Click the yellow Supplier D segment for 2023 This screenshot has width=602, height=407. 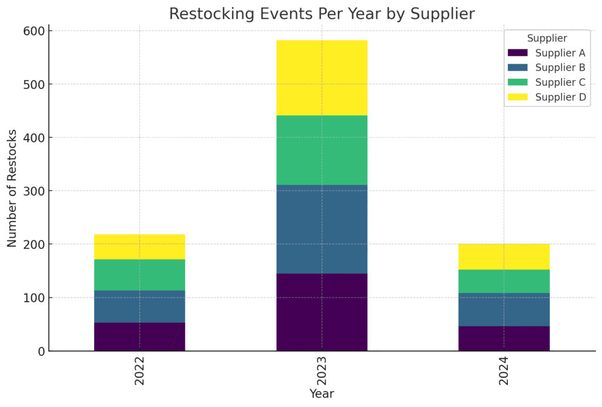(x=322, y=78)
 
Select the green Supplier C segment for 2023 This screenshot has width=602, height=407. (x=322, y=150)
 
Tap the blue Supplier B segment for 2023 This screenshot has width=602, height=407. (x=322, y=229)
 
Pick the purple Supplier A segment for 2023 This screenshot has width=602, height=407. (x=322, y=312)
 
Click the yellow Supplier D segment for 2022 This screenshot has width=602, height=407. (x=139, y=246)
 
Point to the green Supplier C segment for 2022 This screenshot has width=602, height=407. (x=139, y=275)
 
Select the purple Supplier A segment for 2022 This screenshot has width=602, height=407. (x=139, y=336)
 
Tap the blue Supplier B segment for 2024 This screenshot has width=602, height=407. (x=504, y=309)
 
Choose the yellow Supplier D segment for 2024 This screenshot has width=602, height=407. (x=504, y=256)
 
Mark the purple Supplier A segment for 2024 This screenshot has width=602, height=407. (x=504, y=338)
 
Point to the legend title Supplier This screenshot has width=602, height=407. (x=547, y=38)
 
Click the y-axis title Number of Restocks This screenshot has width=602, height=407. (x=12, y=188)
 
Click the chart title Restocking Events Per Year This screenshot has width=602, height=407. (x=322, y=14)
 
